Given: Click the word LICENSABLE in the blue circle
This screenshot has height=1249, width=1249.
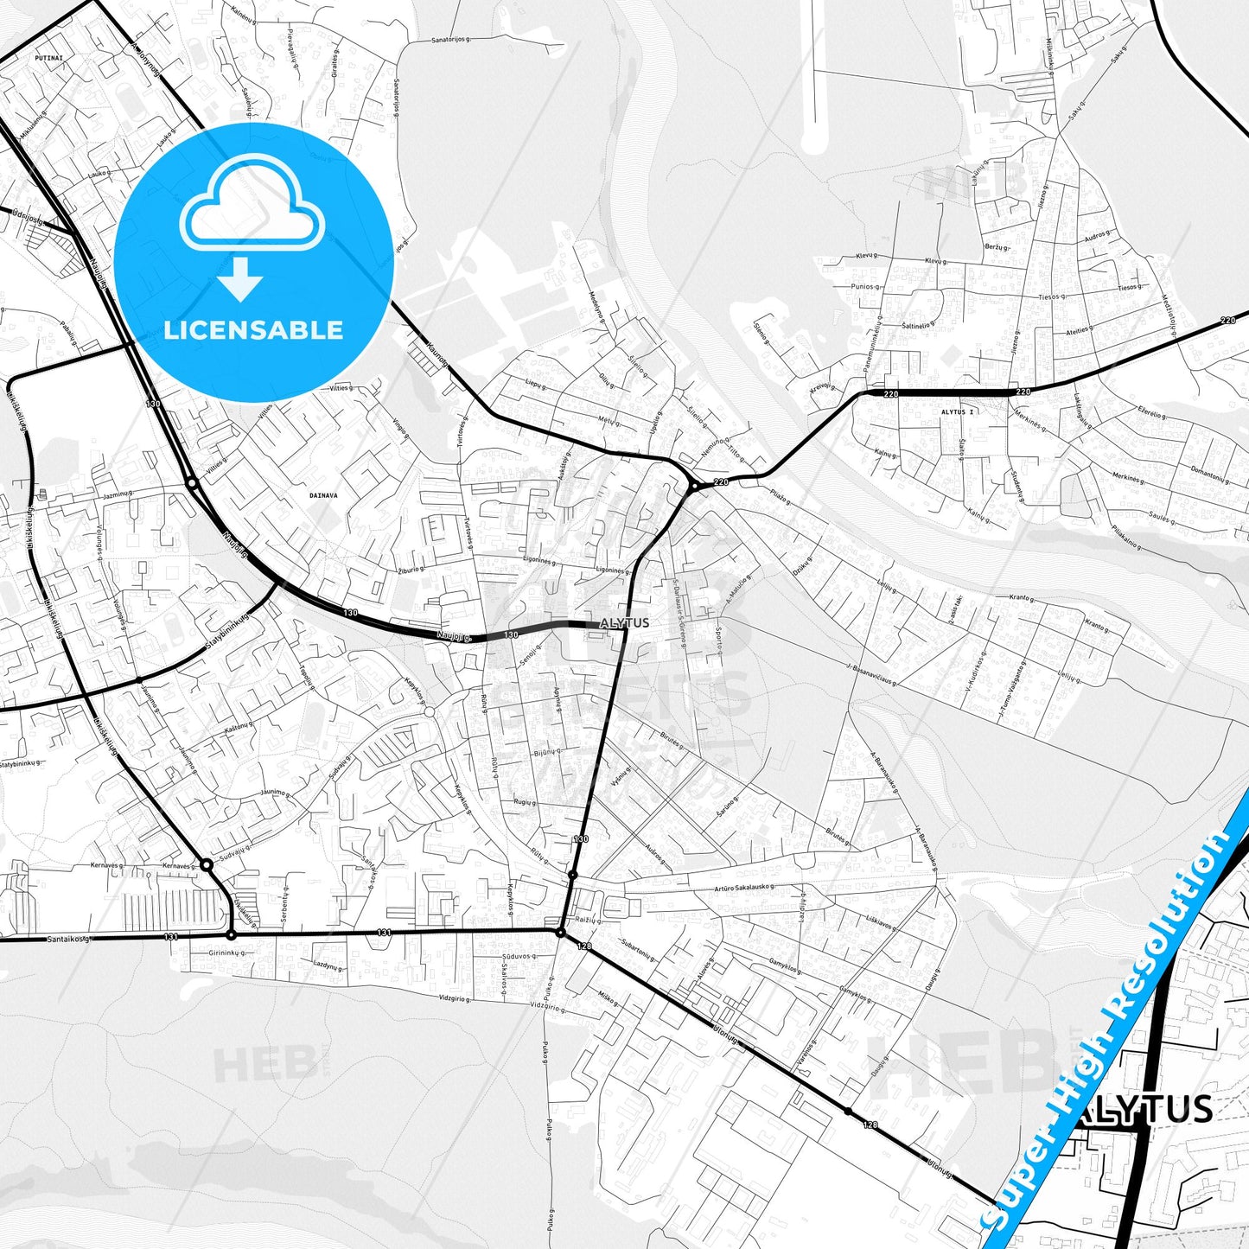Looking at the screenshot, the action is [253, 329].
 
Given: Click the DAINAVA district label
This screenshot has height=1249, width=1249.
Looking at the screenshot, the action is [323, 496].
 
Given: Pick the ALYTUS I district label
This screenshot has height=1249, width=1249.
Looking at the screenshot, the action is [957, 412].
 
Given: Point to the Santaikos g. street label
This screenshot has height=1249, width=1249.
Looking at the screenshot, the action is [67, 939].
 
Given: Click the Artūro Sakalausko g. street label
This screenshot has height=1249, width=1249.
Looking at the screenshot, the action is [743, 888].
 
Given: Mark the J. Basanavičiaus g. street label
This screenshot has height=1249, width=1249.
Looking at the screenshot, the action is [870, 674].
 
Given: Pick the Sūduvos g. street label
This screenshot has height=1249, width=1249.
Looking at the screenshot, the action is [519, 957].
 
